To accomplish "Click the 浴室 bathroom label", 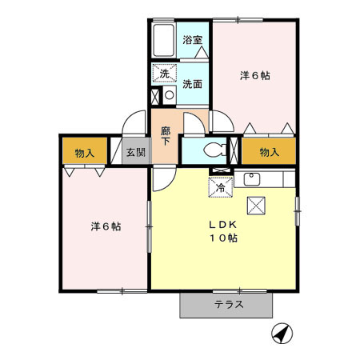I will coord(191,39).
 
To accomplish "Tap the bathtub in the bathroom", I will coord(165,38).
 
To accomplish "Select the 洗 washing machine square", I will coord(165,74).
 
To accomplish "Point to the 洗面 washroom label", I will coord(191,83).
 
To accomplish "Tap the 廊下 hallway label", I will coord(166,134).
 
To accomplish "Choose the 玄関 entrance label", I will coord(135,152).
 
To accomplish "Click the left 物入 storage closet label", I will coord(85,152).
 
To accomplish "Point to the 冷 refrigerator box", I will coord(221,187).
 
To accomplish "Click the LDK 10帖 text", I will coord(223,231).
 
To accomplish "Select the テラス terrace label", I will coord(228,304).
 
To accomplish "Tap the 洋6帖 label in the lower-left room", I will coord(105,226).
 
